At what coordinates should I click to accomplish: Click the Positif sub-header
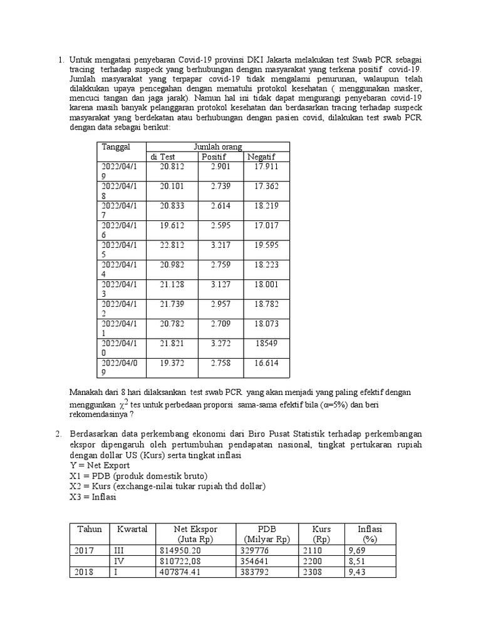tap(214, 156)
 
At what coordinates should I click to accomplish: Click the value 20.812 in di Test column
tap(172, 167)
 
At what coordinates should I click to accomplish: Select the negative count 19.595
tap(266, 245)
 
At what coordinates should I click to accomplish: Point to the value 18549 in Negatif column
tap(267, 343)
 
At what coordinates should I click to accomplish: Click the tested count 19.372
tap(172, 362)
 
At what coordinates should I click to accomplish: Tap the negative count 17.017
tap(266, 225)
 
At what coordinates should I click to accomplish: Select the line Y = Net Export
tap(100, 466)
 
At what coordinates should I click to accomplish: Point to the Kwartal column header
tap(132, 529)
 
